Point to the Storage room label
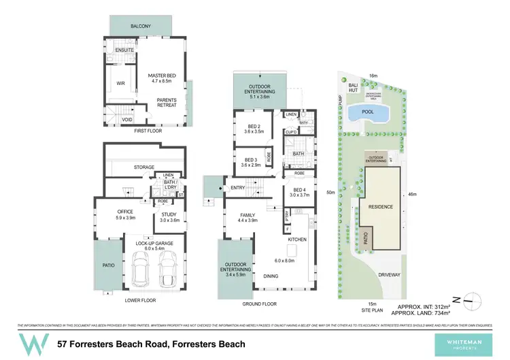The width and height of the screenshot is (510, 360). click(143, 167)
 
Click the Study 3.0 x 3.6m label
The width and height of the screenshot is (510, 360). click(169, 216)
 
